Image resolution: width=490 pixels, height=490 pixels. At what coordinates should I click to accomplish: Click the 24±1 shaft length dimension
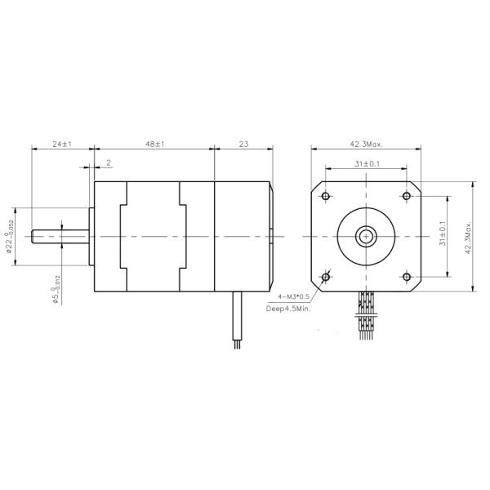(62, 144)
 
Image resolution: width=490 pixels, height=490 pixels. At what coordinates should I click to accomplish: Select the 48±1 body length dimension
(154, 144)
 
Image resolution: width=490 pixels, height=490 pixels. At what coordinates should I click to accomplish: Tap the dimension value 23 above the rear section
(243, 144)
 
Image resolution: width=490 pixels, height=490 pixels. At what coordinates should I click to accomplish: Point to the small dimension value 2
(109, 163)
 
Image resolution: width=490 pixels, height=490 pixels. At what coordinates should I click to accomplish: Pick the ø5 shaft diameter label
(56, 290)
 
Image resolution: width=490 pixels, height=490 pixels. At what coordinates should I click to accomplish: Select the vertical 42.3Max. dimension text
(468, 237)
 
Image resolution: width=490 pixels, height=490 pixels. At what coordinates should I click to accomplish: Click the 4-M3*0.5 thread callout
(295, 297)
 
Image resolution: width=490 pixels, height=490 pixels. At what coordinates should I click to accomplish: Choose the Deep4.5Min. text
(289, 310)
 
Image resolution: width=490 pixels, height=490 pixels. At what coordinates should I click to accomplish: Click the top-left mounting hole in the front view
(327, 197)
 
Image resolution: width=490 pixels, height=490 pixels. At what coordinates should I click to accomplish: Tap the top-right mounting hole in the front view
(406, 197)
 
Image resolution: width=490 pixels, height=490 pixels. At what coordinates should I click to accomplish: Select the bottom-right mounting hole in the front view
(406, 278)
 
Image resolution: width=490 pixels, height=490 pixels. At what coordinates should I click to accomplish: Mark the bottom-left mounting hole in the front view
(327, 278)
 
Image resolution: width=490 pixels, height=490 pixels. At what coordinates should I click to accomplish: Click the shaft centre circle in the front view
(366, 238)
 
